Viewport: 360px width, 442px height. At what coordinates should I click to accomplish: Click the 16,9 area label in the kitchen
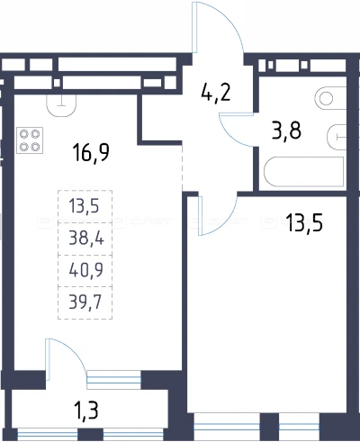point(91,153)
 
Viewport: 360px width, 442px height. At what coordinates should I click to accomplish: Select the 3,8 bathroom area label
point(286,131)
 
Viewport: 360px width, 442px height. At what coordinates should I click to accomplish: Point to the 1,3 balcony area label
point(85,410)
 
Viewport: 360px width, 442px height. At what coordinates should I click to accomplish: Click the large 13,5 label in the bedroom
point(304,222)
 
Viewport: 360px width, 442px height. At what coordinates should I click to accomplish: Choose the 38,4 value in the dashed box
point(86,239)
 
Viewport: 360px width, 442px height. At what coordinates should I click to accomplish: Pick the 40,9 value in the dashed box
point(86,270)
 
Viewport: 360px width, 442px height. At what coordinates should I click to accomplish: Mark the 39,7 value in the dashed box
point(85,302)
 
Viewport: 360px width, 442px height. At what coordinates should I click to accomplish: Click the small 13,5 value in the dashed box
point(84,206)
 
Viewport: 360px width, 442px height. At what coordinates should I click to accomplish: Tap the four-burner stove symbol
point(30,140)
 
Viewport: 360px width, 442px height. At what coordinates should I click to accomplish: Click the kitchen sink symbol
point(61,105)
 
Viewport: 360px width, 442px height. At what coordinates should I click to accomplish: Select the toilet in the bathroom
point(330,98)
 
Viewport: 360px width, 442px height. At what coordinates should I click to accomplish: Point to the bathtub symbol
point(303,172)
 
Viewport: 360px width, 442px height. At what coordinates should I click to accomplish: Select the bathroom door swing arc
point(231,135)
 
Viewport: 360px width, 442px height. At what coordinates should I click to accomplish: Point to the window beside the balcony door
point(113,378)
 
